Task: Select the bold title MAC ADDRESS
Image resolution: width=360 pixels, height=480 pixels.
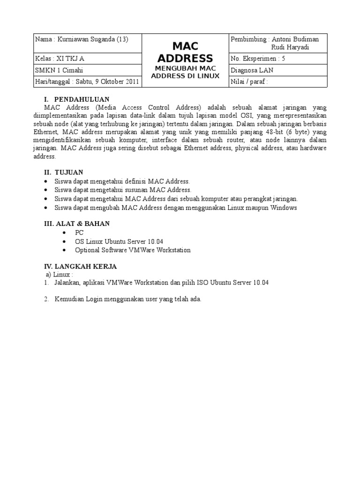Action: [185, 52]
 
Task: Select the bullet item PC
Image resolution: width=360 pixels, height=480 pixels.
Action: [78, 233]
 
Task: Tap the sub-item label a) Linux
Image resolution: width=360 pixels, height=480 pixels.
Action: [60, 274]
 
